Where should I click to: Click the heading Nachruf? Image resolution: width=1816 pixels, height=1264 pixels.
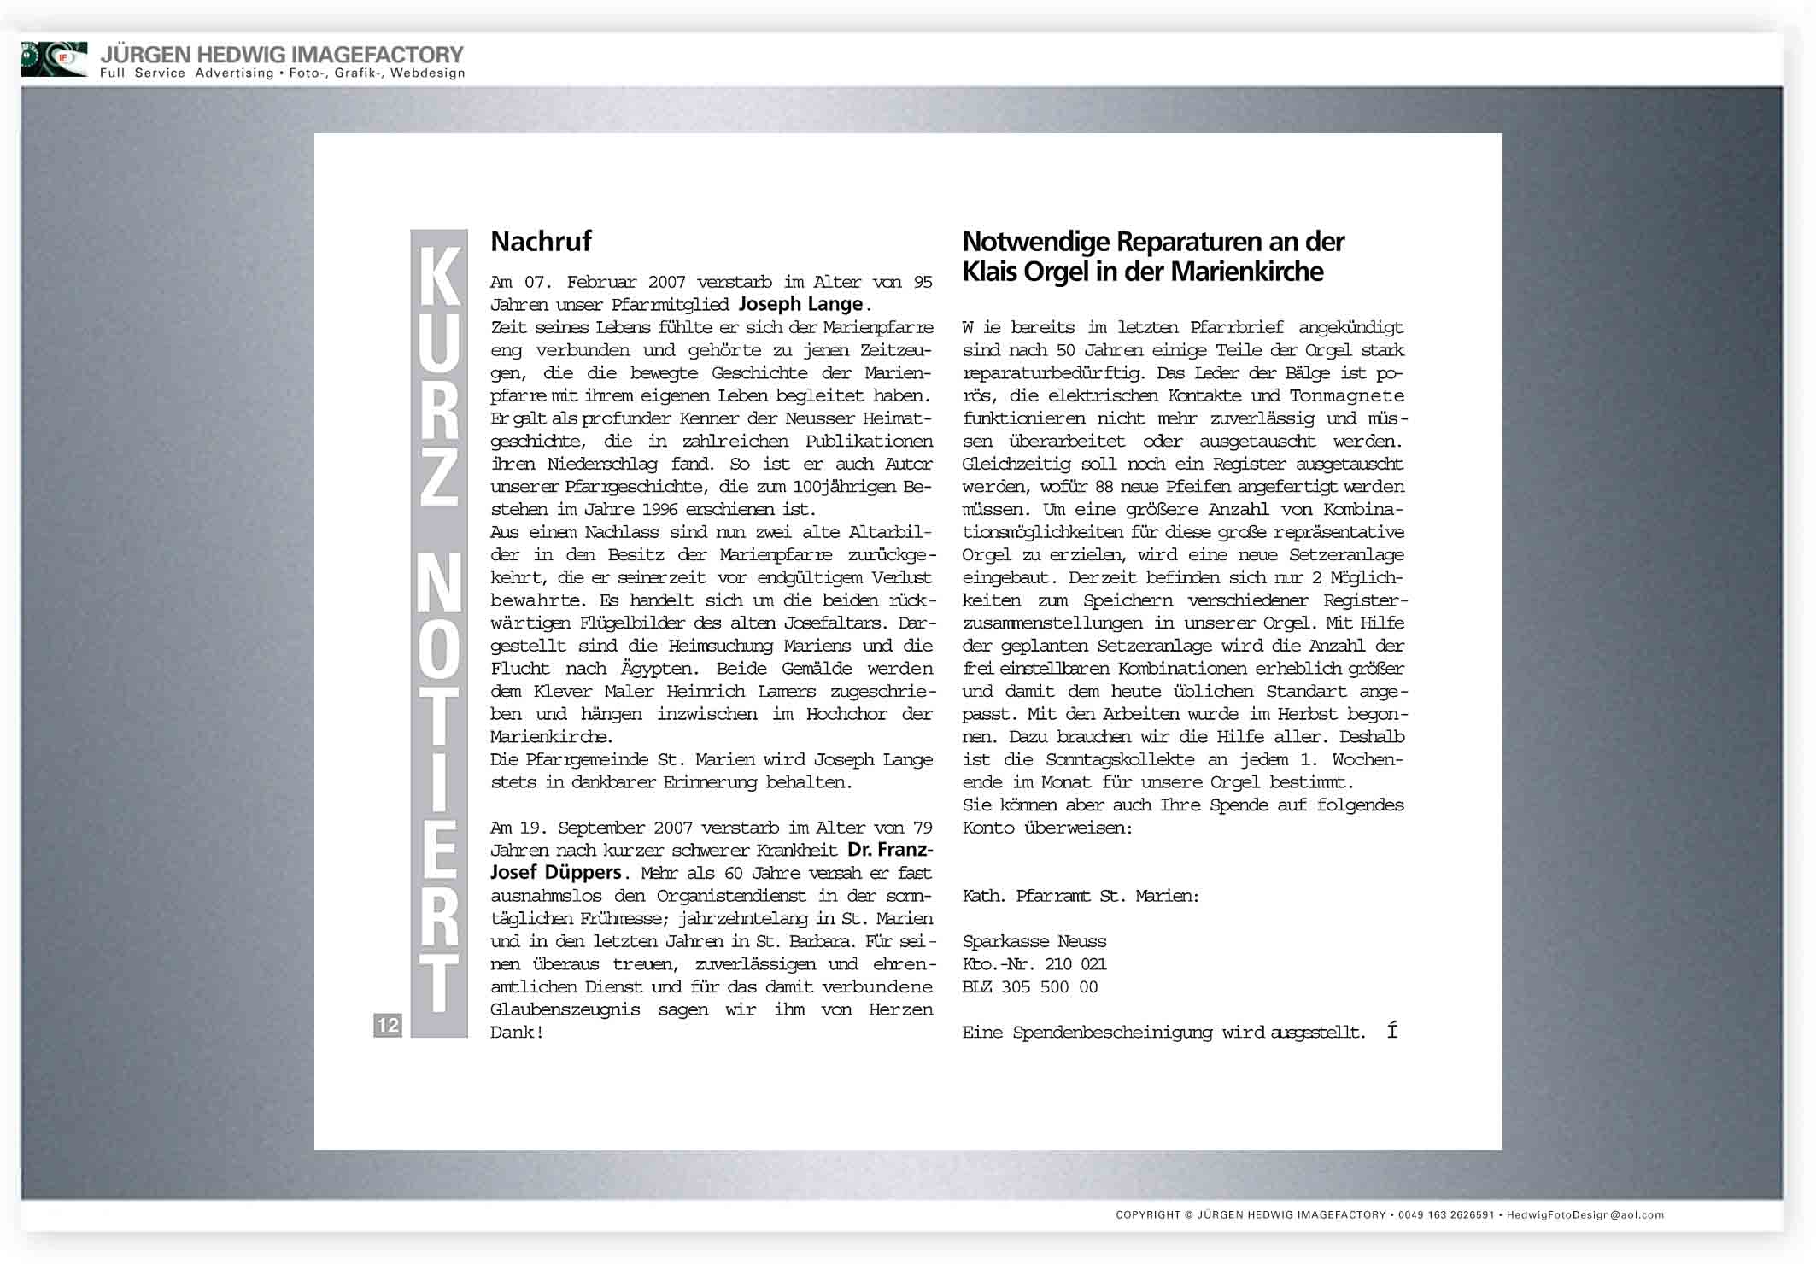pyautogui.click(x=541, y=242)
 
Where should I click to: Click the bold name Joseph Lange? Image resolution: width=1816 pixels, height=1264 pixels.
pyautogui.click(x=800, y=305)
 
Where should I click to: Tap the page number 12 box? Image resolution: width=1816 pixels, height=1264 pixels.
pyautogui.click(x=388, y=1025)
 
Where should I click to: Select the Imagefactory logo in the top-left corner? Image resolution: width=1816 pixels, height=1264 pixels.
pyautogui.click(x=54, y=59)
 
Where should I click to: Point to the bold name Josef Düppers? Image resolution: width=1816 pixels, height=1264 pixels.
pyautogui.click(x=555, y=873)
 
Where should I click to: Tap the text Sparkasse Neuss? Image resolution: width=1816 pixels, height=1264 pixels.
pyautogui.click(x=1034, y=941)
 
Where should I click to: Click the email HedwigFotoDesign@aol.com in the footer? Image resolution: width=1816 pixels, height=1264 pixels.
pyautogui.click(x=1585, y=1214)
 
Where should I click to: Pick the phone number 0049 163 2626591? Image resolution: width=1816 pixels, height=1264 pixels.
pyautogui.click(x=1446, y=1214)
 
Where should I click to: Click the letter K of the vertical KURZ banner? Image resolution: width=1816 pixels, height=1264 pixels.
pyautogui.click(x=439, y=275)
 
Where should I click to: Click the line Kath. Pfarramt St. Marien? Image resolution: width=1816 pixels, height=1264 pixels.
pyautogui.click(x=1081, y=896)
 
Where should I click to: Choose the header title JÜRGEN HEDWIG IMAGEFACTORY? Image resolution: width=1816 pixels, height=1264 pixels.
pyautogui.click(x=282, y=55)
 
